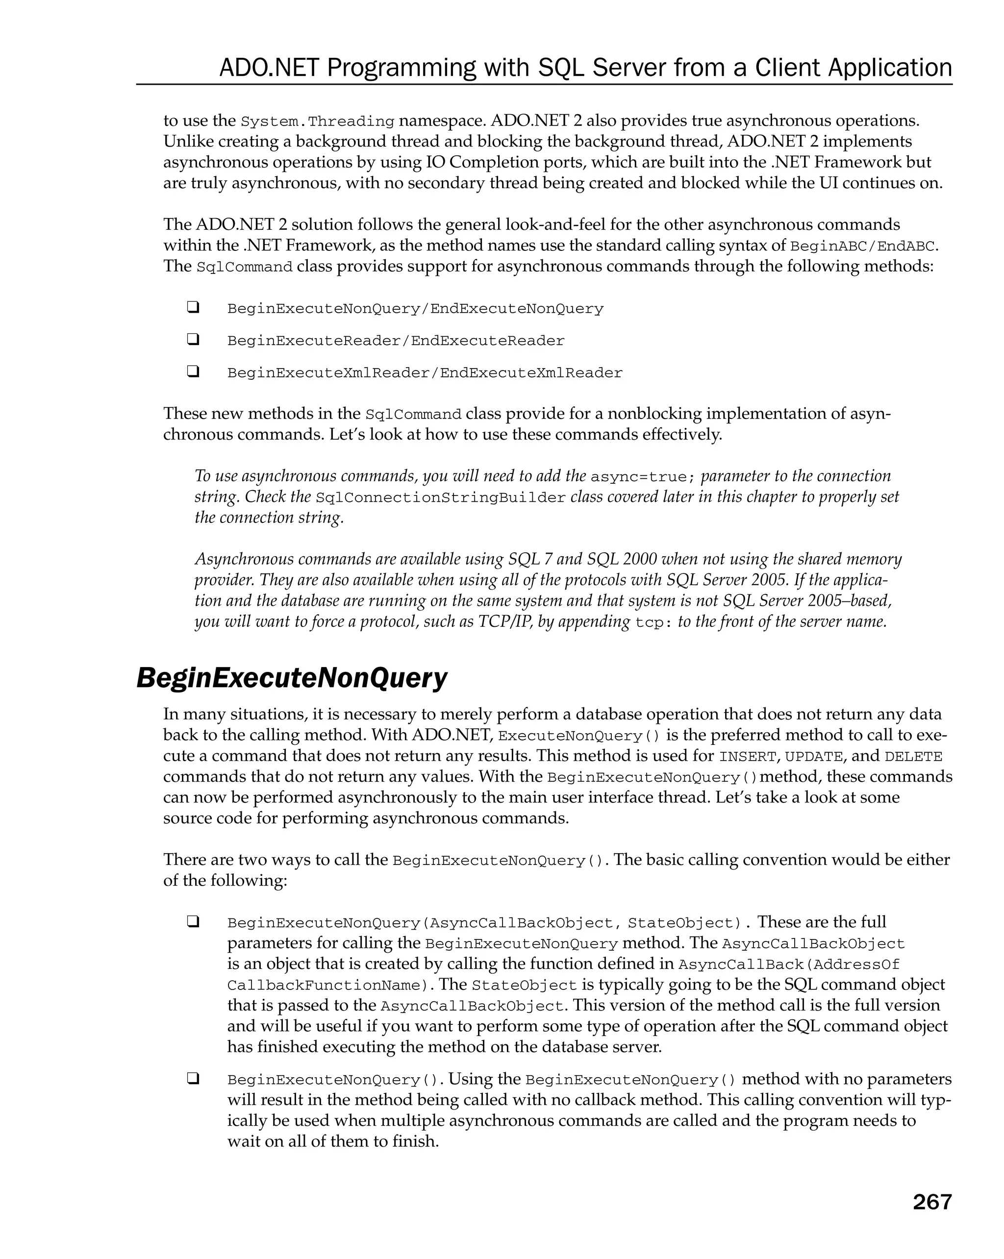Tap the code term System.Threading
[x=318, y=122]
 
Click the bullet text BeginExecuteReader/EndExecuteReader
[x=396, y=341]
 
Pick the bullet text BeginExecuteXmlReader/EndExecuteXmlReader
[x=425, y=373]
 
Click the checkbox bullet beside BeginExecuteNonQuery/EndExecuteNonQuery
[x=193, y=307]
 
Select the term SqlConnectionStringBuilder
[x=440, y=498]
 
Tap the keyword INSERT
[x=747, y=757]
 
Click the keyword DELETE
[x=913, y=757]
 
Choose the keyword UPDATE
[x=813, y=757]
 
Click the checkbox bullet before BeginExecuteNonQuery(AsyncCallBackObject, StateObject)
[x=193, y=922]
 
